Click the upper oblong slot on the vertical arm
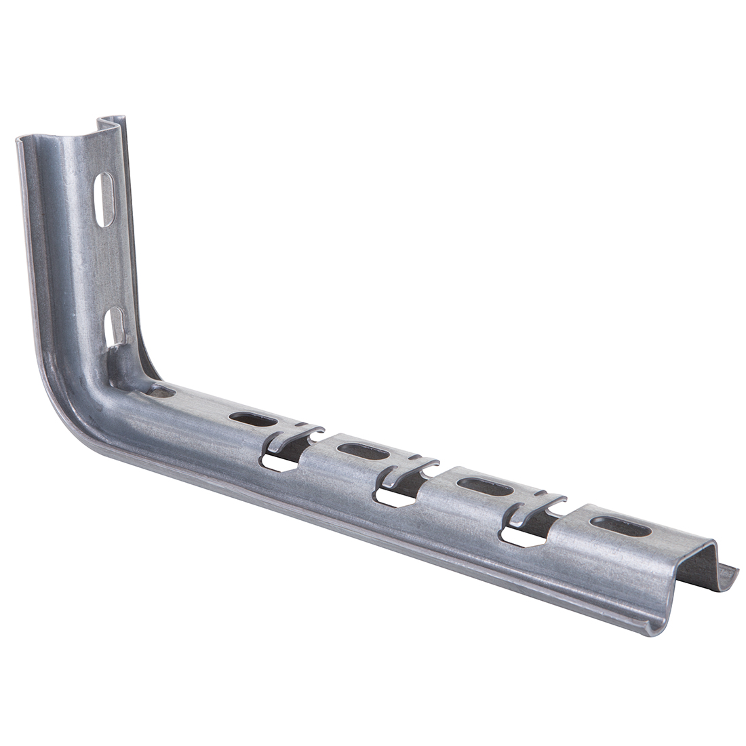104,199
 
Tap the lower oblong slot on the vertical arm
116,326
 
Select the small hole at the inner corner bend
162,391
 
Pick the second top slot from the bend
363,451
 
